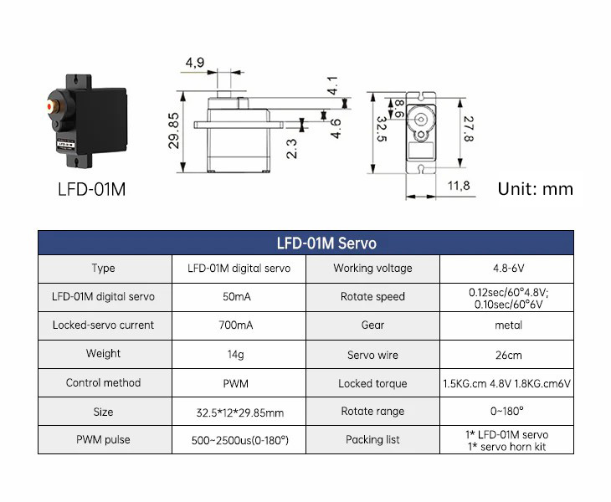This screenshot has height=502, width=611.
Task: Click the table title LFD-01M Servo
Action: coord(326,244)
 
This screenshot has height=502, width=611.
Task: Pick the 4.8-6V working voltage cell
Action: coord(508,269)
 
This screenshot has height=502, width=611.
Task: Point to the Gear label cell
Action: coord(372,325)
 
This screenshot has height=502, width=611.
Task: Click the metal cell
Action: coord(508,325)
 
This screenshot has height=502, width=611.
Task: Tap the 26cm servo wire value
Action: coord(508,355)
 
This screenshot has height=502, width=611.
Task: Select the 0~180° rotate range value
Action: coord(508,412)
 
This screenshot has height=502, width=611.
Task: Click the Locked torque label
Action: coord(372,384)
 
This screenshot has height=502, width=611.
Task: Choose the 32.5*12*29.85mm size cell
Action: coord(239,412)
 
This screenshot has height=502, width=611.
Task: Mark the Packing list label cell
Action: coord(372,439)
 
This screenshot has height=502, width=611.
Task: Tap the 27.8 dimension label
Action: coord(469,129)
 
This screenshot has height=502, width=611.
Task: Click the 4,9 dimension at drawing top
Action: coord(195,63)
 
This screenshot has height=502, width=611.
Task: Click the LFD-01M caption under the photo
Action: coord(92,189)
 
